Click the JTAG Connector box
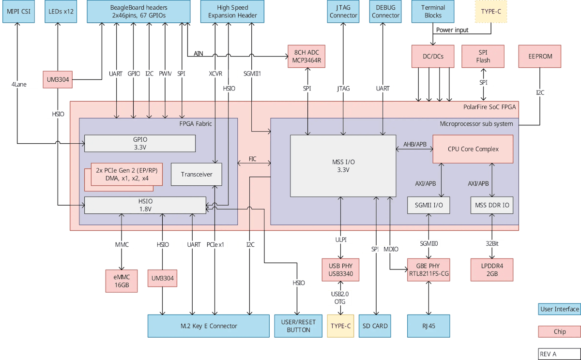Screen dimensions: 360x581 [343, 12]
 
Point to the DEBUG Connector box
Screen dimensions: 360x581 [385, 12]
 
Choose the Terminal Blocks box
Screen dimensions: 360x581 [432, 12]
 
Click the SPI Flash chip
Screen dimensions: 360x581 [483, 57]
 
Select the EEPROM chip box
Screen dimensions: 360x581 [539, 57]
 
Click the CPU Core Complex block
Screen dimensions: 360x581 [472, 149]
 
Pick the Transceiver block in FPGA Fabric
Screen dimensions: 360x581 [196, 174]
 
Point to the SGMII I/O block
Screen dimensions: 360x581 [428, 205]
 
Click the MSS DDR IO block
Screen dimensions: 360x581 [492, 205]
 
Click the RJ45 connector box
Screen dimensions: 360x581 [428, 326]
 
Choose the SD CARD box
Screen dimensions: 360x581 [375, 326]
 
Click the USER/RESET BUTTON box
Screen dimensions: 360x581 [298, 326]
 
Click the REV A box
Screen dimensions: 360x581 [559, 354]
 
